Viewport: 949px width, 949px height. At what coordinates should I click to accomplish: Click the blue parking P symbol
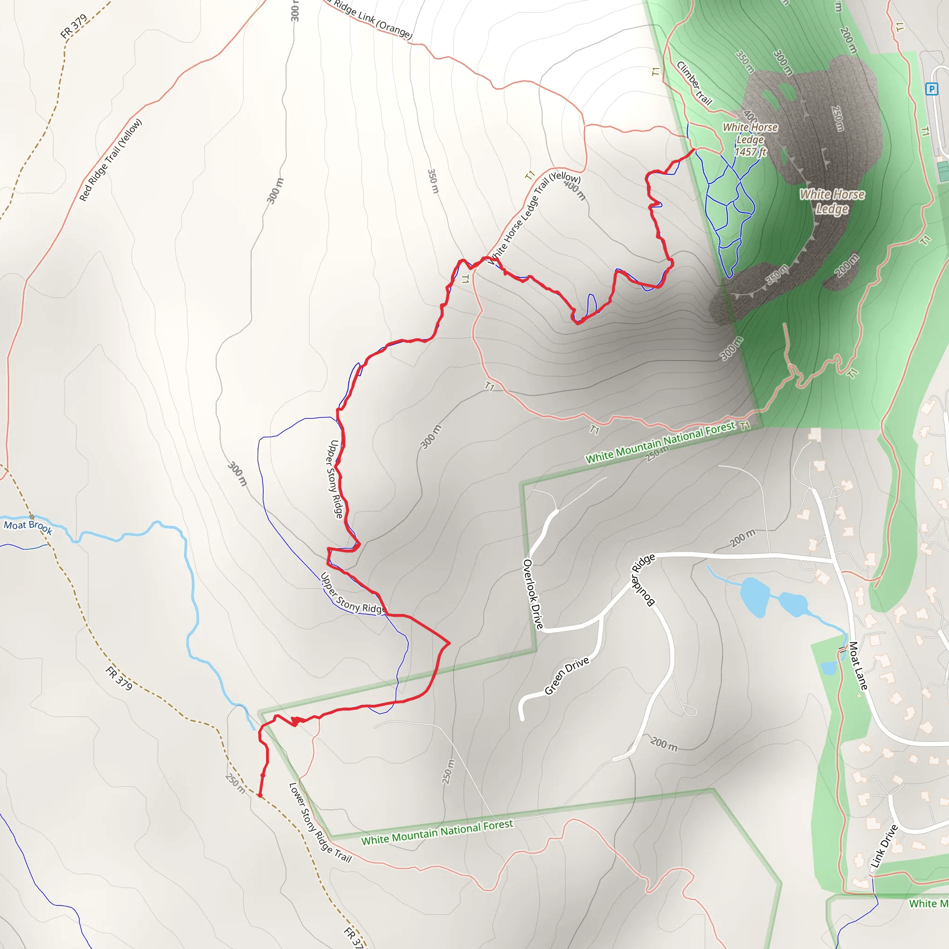pos(931,89)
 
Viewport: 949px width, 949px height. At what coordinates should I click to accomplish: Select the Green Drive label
pos(566,676)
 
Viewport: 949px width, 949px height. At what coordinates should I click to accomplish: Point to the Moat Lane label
pos(858,665)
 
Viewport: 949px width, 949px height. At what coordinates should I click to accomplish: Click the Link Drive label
pos(884,846)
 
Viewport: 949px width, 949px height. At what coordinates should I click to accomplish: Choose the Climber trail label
pos(694,83)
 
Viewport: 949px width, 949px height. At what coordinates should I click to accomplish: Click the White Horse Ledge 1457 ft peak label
pos(750,139)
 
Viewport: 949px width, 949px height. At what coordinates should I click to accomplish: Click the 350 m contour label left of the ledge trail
pos(432,181)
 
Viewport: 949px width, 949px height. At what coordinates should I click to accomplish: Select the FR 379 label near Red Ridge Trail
pos(74,26)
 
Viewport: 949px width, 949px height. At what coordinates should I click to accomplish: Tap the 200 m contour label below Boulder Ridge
pos(664,744)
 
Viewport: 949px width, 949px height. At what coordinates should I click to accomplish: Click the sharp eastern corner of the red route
pos(449,643)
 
